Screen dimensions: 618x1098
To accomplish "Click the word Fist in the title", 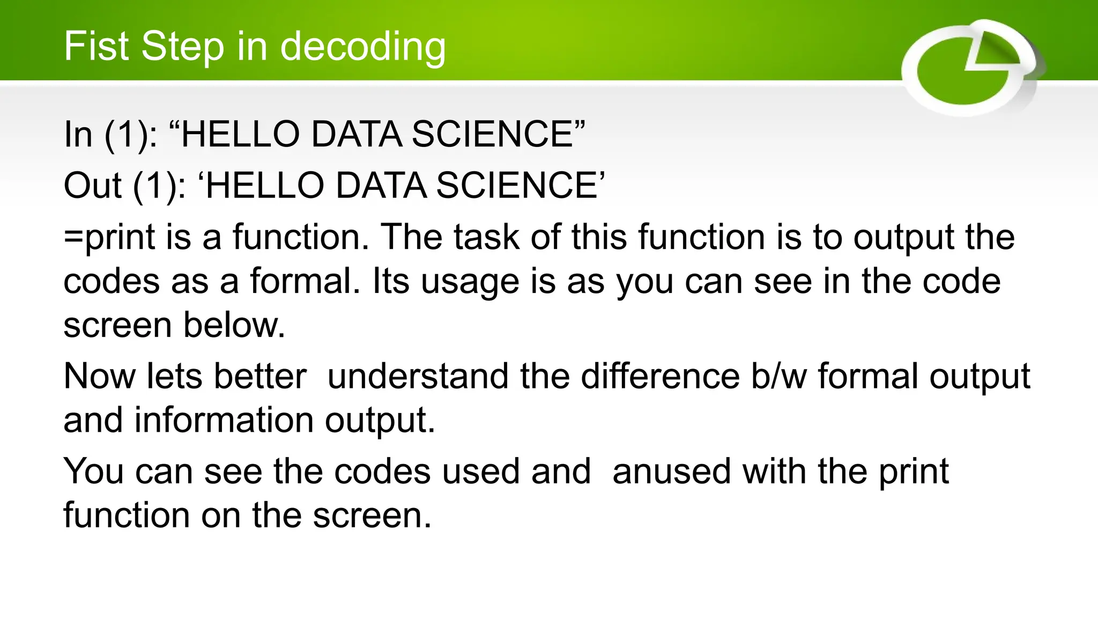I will [x=97, y=46].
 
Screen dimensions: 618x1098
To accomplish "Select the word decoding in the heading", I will [x=363, y=47].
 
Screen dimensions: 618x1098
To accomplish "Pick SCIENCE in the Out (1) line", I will [x=517, y=186].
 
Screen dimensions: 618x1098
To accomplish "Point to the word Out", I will [x=92, y=186].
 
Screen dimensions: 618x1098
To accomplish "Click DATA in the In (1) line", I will [x=356, y=134].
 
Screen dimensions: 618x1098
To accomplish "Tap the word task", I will [x=486, y=237].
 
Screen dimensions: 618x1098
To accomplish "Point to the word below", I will [x=234, y=325].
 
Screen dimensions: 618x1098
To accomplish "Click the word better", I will [x=260, y=376].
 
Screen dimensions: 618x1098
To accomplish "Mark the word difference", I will [x=661, y=376].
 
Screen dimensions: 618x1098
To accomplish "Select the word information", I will [x=224, y=420].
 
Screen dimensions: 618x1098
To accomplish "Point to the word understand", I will [x=418, y=376].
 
